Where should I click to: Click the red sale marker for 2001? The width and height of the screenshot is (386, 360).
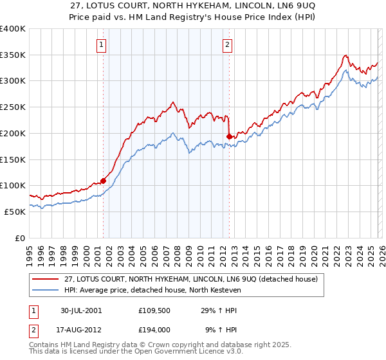click(x=103, y=181)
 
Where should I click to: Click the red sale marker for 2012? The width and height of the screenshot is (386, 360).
click(x=229, y=136)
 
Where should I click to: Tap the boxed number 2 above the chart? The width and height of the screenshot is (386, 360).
click(x=228, y=44)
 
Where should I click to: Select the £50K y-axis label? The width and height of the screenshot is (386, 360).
click(x=15, y=212)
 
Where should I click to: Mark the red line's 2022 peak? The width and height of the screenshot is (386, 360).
click(x=345, y=55)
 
